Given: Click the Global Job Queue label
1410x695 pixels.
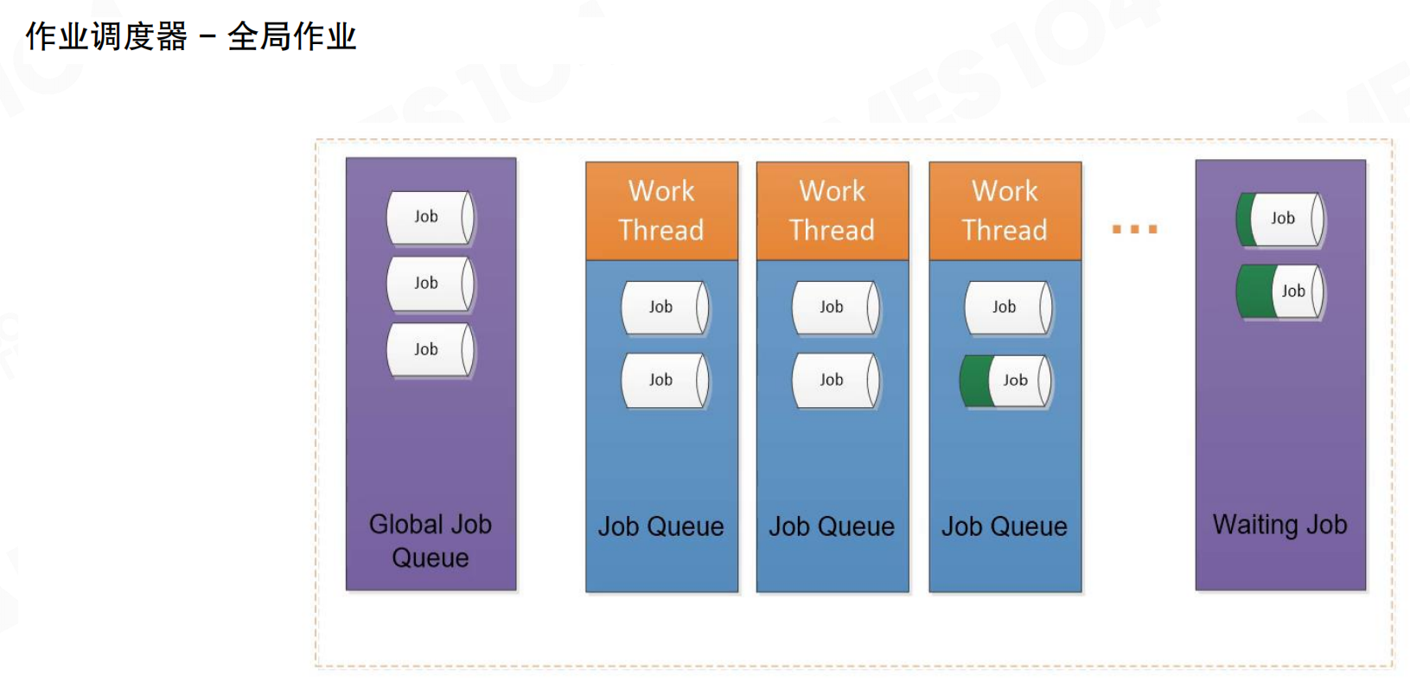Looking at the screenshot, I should [431, 541].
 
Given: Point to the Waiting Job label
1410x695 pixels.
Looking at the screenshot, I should [1279, 525].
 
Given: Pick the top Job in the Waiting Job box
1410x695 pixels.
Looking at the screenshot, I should [1280, 220].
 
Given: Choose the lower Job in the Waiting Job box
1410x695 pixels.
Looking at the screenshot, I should [1280, 292].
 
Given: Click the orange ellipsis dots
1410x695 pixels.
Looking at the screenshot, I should [1134, 229].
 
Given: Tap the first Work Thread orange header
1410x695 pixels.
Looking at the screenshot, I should [661, 211].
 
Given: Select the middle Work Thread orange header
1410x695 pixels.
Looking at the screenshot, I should [833, 211].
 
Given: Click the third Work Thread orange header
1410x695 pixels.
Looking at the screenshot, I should [1005, 211].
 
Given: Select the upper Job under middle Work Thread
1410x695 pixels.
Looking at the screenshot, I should [835, 308].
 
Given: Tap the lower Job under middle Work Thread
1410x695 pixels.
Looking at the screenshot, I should [835, 380].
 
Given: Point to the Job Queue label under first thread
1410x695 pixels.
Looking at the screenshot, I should [661, 526].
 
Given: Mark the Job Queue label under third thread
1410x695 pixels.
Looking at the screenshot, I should [1005, 526].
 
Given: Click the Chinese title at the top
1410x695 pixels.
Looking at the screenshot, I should [191, 37].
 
